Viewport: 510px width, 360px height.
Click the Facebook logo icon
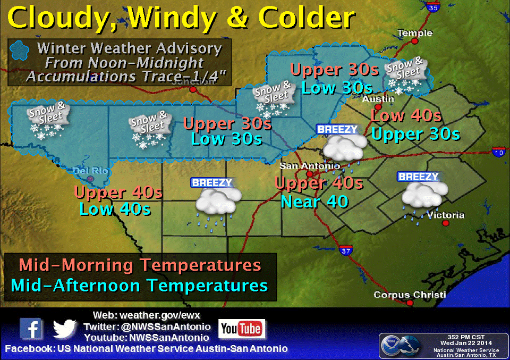click(31, 329)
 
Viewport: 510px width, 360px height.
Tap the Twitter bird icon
click(65, 329)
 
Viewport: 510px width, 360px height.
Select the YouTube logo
click(242, 329)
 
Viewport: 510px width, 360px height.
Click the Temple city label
click(415, 33)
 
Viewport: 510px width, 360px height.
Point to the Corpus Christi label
click(410, 295)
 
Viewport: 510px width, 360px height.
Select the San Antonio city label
click(310, 165)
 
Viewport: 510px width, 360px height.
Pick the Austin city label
click(378, 99)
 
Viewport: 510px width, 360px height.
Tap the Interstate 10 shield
click(498, 152)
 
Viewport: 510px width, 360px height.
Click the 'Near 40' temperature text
click(314, 202)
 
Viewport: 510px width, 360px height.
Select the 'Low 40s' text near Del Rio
click(115, 209)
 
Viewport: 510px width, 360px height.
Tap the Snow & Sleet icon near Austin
click(406, 74)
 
